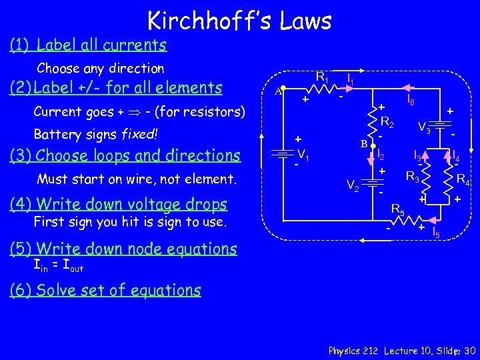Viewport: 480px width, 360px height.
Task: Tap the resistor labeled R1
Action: tap(323, 88)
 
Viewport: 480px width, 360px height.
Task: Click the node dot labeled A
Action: tap(283, 88)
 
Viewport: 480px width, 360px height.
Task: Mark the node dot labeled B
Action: tap(373, 143)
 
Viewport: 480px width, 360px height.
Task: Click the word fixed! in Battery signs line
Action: tap(139, 134)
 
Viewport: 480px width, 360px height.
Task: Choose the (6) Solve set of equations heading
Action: tap(105, 290)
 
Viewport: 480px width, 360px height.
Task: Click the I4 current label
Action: tap(456, 157)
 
